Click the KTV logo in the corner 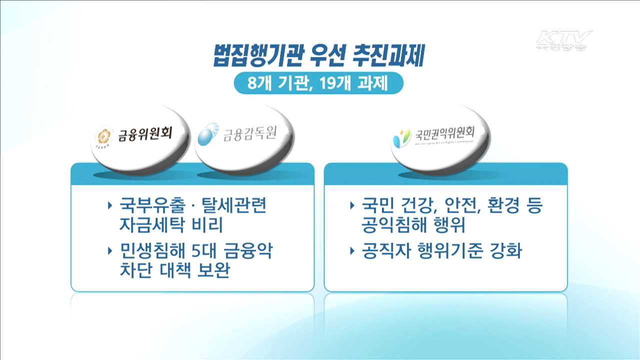(563, 40)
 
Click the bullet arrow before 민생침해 (110, 250)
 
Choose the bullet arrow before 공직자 (353, 250)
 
